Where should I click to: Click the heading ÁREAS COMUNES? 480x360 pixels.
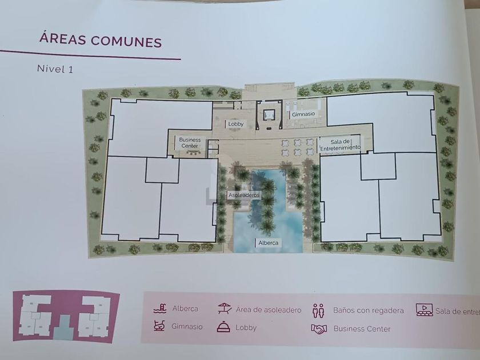point(101,40)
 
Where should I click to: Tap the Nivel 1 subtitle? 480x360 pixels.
point(55,69)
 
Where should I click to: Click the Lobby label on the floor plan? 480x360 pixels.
point(235,124)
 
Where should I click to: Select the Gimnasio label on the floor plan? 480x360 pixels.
point(303,114)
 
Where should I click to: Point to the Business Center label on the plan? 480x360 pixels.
point(190,143)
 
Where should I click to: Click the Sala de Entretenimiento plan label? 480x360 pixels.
point(340,145)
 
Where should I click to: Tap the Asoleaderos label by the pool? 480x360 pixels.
point(244,195)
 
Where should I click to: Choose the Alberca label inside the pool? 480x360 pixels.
point(268,243)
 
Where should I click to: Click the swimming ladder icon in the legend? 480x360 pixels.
point(160,308)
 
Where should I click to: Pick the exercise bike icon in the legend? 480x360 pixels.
point(159,326)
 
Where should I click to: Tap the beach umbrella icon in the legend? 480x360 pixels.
point(225,308)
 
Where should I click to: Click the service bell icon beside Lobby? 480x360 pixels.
point(223,327)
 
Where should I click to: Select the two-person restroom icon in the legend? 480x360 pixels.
point(318,310)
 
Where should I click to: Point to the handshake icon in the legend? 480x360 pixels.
point(319,329)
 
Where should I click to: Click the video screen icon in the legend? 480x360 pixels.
point(424,310)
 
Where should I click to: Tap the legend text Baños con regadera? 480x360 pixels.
point(368,310)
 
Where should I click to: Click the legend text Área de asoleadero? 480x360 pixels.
point(269,310)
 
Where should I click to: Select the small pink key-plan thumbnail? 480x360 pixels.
point(66,316)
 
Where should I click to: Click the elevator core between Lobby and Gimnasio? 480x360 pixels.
point(269,115)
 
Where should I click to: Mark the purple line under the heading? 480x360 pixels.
point(90,55)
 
